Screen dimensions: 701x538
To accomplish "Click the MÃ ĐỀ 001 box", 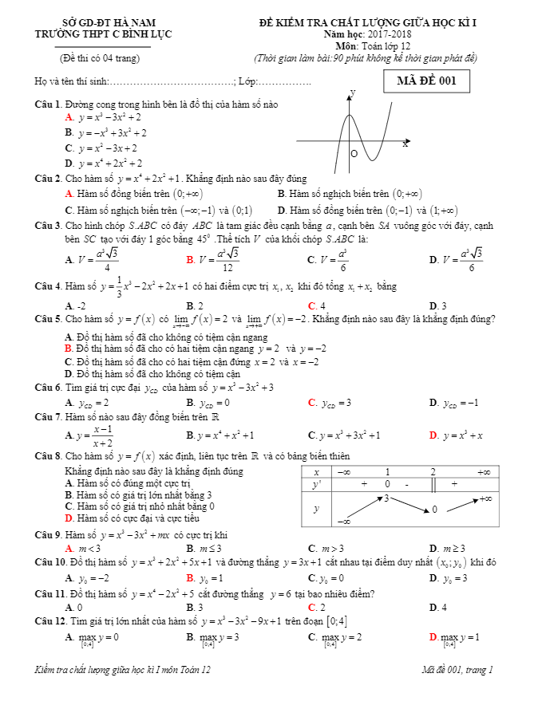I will (x=426, y=81).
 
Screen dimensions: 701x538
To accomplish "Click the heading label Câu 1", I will (x=49, y=104).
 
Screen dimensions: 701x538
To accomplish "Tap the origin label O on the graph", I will (x=354, y=154).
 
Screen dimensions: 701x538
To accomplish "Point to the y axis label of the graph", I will (x=353, y=93).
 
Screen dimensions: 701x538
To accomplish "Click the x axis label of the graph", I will (x=405, y=144).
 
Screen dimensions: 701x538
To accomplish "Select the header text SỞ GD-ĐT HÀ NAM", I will (x=98, y=23).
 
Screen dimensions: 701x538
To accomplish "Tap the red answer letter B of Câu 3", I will (x=190, y=260).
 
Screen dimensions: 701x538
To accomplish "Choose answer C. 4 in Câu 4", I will (x=317, y=305).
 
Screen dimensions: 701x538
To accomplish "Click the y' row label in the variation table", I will (x=316, y=484).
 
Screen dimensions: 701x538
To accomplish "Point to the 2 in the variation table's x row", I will (x=433, y=471).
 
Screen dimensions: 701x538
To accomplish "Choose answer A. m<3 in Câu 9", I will (x=83, y=549).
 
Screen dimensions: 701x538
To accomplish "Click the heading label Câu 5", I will (x=49, y=319).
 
